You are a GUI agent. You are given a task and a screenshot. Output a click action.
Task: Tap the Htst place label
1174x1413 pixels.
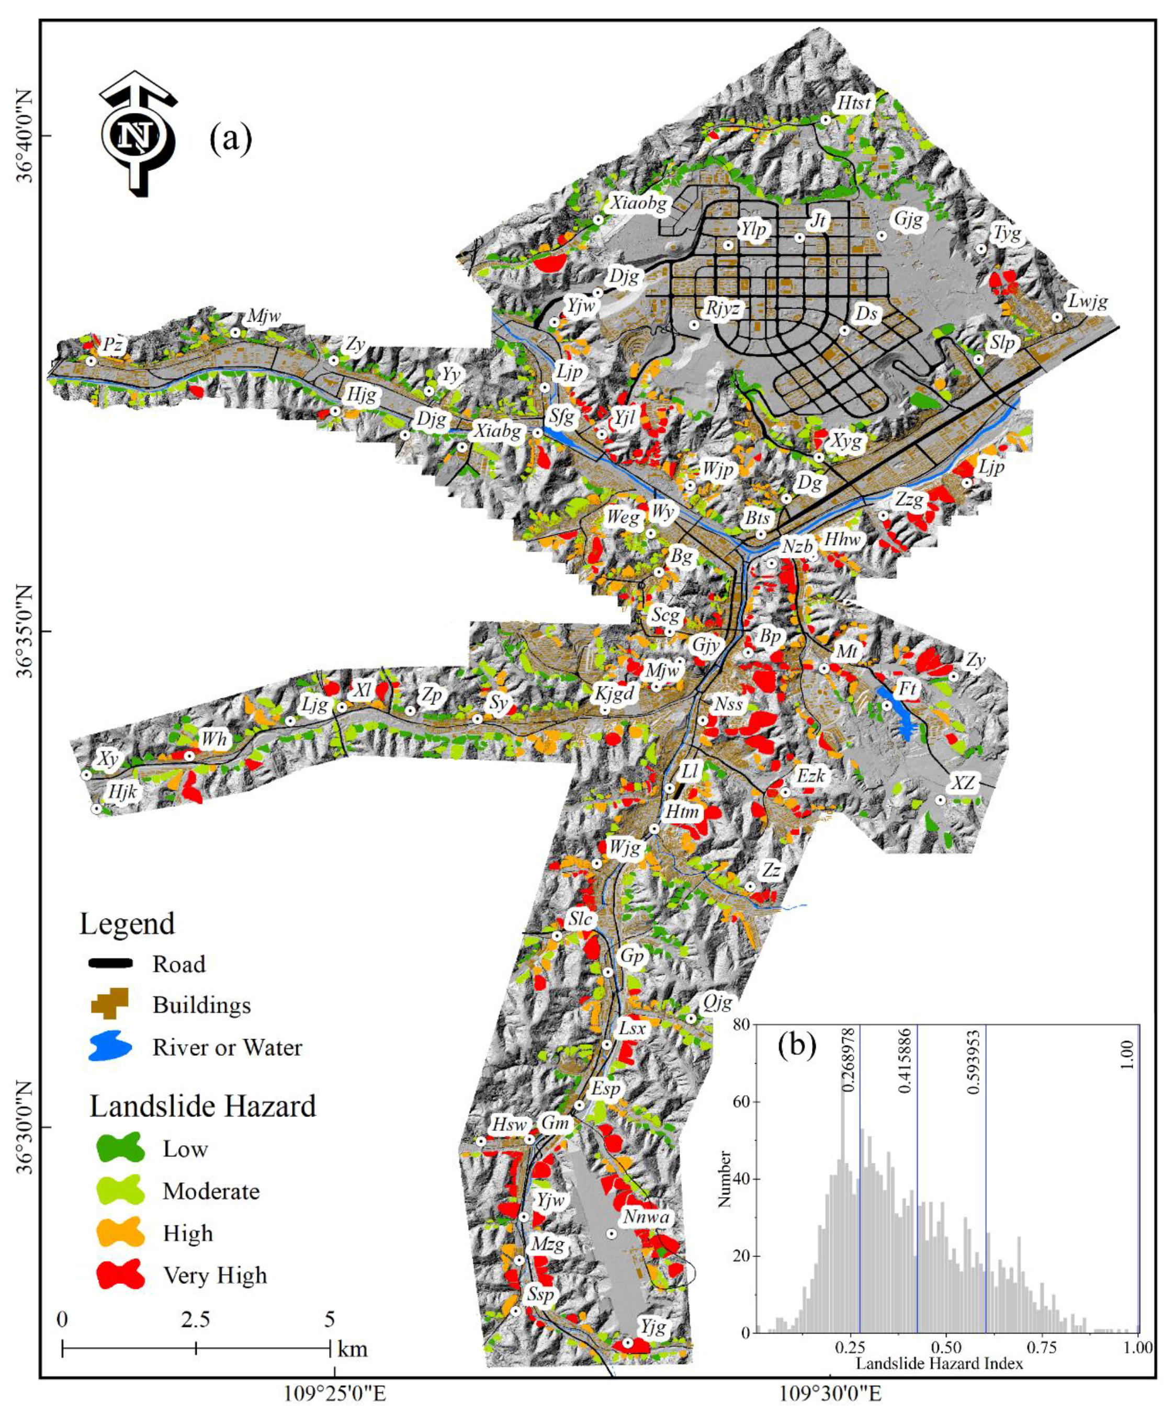click(x=854, y=104)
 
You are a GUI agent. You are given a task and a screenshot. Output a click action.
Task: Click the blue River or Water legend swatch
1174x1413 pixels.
click(x=110, y=1047)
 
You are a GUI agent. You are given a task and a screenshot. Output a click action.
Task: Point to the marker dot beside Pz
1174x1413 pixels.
click(x=90, y=361)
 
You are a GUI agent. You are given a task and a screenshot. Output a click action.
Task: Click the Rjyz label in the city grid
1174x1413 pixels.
click(x=724, y=309)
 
